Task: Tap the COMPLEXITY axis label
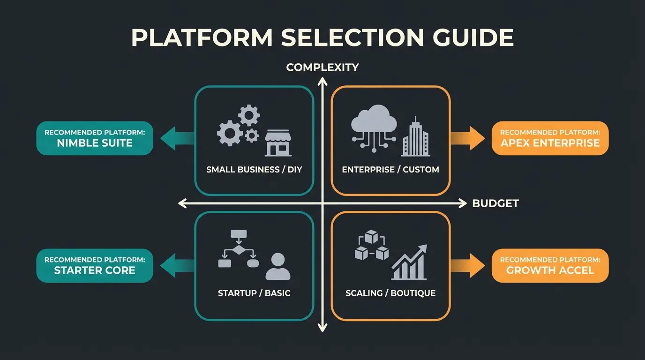coord(322,67)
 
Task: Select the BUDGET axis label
coord(495,203)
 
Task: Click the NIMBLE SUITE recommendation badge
coord(95,138)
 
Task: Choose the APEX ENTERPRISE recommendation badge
coord(550,138)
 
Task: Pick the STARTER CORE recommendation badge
coord(95,265)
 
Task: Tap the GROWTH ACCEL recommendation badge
coord(550,265)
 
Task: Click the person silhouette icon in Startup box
coord(277,266)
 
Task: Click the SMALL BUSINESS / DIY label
coord(254,169)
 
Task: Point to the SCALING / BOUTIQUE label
coord(390,293)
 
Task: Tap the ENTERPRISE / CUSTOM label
coord(390,169)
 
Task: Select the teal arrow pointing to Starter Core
coord(177,266)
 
